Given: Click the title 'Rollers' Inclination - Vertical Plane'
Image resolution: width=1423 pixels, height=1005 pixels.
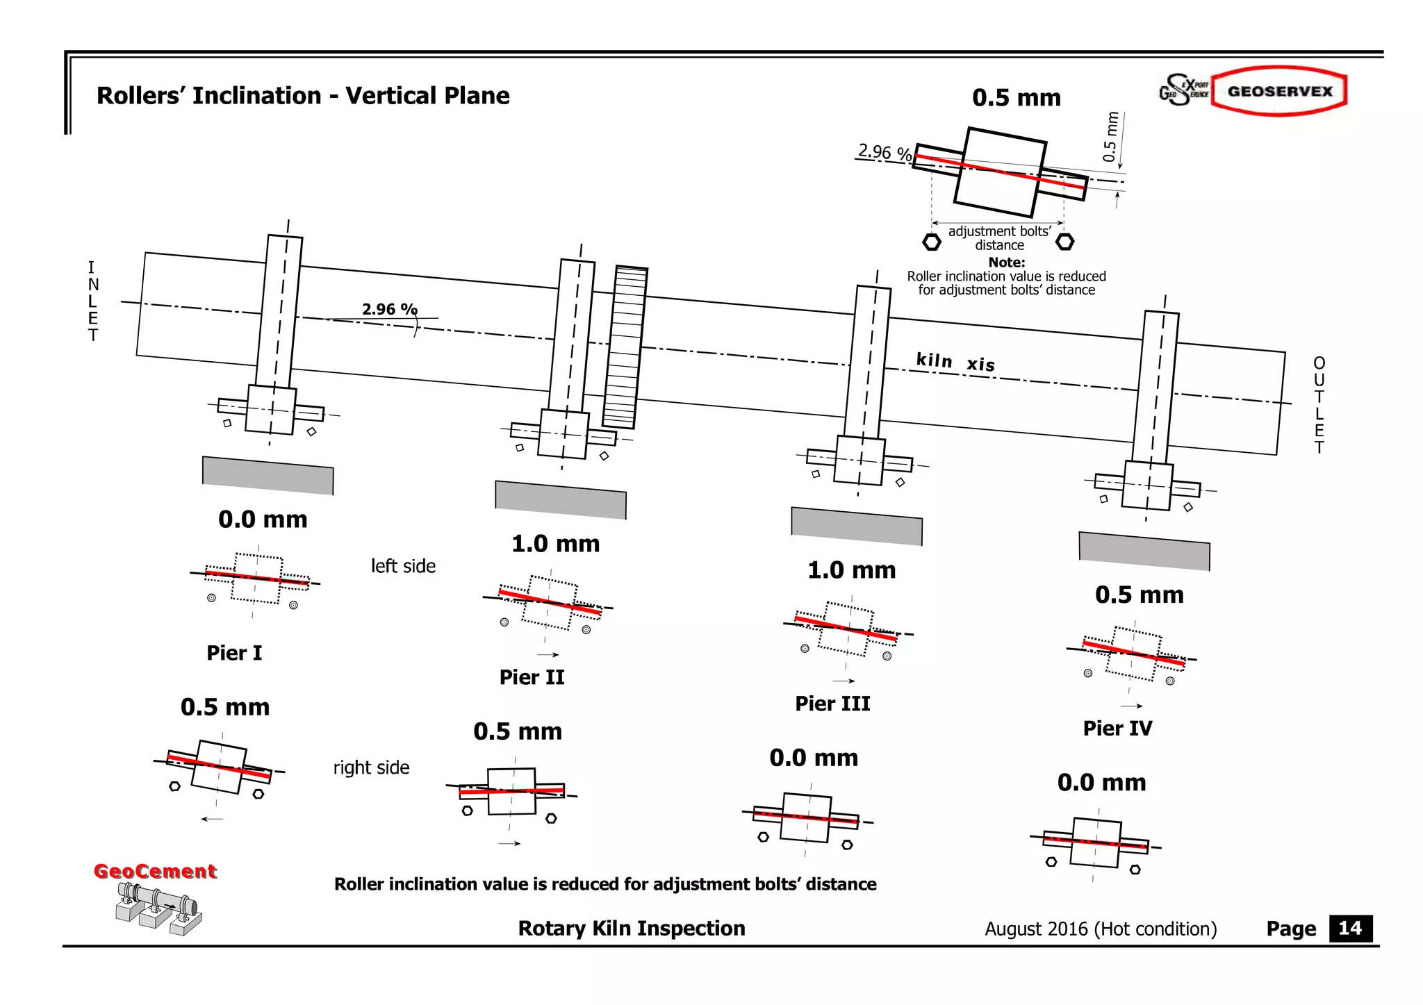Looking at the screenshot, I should pyautogui.click(x=303, y=96).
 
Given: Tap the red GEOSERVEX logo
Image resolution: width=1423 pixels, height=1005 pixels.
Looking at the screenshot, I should pyautogui.click(x=1279, y=92).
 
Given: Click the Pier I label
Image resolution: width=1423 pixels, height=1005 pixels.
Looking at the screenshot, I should pyautogui.click(x=234, y=653).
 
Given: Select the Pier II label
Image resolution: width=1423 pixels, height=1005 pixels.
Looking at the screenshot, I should pyautogui.click(x=532, y=677).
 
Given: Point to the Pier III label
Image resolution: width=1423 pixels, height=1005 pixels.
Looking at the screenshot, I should pyautogui.click(x=832, y=704).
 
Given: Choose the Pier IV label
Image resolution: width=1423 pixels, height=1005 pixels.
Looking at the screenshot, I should pyautogui.click(x=1117, y=729).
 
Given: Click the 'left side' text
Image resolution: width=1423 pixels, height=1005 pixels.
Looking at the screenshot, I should pyautogui.click(x=403, y=566).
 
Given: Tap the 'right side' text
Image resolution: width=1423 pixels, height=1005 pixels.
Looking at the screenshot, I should pyautogui.click(x=371, y=767).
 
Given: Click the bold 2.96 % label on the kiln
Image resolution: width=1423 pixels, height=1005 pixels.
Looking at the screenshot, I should pyautogui.click(x=389, y=309).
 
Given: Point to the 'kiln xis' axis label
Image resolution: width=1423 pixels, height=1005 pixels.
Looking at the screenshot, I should pyautogui.click(x=955, y=362).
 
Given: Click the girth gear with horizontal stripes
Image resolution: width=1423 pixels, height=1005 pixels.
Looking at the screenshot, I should pyautogui.click(x=625, y=347).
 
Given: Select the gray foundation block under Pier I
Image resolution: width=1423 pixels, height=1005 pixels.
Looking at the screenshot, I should pyautogui.click(x=268, y=476).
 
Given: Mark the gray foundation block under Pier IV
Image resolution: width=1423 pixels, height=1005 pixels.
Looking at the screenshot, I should pyautogui.click(x=1144, y=551).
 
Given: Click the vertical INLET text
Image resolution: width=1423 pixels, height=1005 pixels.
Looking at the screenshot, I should pyautogui.click(x=92, y=301).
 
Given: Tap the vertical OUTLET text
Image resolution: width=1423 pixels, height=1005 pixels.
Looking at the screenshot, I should pyautogui.click(x=1319, y=405).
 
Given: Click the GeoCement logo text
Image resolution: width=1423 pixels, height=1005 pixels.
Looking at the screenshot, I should pyautogui.click(x=155, y=871).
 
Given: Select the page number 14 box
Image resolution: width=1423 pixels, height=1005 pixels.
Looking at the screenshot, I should pyautogui.click(x=1350, y=929).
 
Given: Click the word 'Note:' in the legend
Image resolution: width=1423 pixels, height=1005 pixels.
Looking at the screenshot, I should pyautogui.click(x=1006, y=263).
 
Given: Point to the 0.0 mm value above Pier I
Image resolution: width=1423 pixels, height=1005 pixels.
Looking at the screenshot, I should pyautogui.click(x=263, y=520).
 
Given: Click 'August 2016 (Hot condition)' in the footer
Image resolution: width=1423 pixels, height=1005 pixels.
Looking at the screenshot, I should pyautogui.click(x=1101, y=929).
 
